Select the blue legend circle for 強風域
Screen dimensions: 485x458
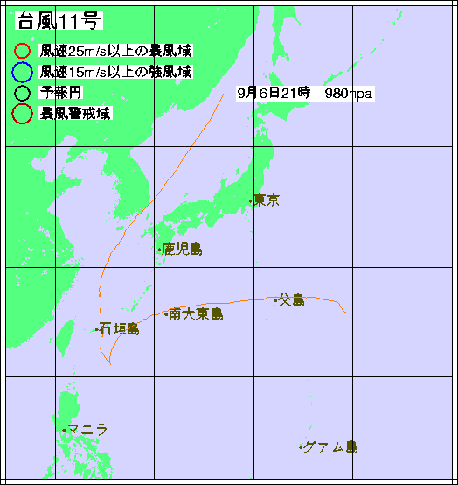(23, 72)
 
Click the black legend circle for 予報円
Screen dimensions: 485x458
(23, 91)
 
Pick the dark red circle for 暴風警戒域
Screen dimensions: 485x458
(23, 112)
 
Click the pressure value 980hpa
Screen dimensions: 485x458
(348, 93)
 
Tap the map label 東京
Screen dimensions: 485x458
(267, 200)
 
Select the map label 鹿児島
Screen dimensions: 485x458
(183, 250)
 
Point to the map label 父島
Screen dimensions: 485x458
(291, 300)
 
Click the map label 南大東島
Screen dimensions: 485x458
(197, 313)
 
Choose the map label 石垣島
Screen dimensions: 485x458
(120, 329)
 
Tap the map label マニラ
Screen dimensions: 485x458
(89, 429)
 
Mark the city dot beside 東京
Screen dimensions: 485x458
(251, 202)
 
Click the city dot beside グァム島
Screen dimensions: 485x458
(302, 448)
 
